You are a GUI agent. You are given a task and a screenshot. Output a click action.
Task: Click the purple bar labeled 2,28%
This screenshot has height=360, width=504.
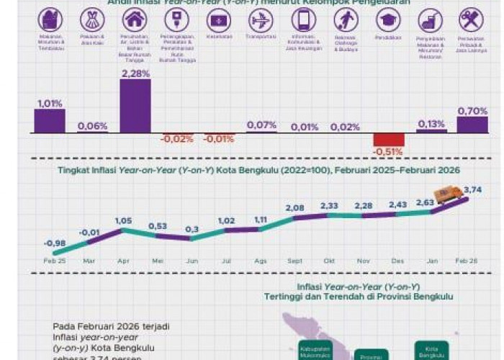point(135,106)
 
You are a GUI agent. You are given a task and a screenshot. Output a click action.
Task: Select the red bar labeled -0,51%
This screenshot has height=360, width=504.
point(389,140)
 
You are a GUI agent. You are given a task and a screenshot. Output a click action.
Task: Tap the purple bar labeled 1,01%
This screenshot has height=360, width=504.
point(50,121)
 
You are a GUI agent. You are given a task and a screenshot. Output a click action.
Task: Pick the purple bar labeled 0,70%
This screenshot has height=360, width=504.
point(472,125)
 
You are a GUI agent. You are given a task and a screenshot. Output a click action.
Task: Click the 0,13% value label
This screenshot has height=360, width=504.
point(431,124)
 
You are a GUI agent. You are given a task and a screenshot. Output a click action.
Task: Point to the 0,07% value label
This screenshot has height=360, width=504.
point(261,125)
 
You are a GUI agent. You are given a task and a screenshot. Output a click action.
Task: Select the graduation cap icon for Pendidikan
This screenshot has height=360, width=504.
point(389,19)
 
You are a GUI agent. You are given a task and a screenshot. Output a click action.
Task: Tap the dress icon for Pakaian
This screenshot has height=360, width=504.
point(91,19)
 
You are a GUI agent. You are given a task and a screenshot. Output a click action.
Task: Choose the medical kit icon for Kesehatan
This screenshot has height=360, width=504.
point(218,19)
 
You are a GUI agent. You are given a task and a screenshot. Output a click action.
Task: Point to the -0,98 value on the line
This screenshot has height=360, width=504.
point(54,243)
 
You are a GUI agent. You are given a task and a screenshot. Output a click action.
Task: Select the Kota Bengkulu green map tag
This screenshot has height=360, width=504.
point(431,349)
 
